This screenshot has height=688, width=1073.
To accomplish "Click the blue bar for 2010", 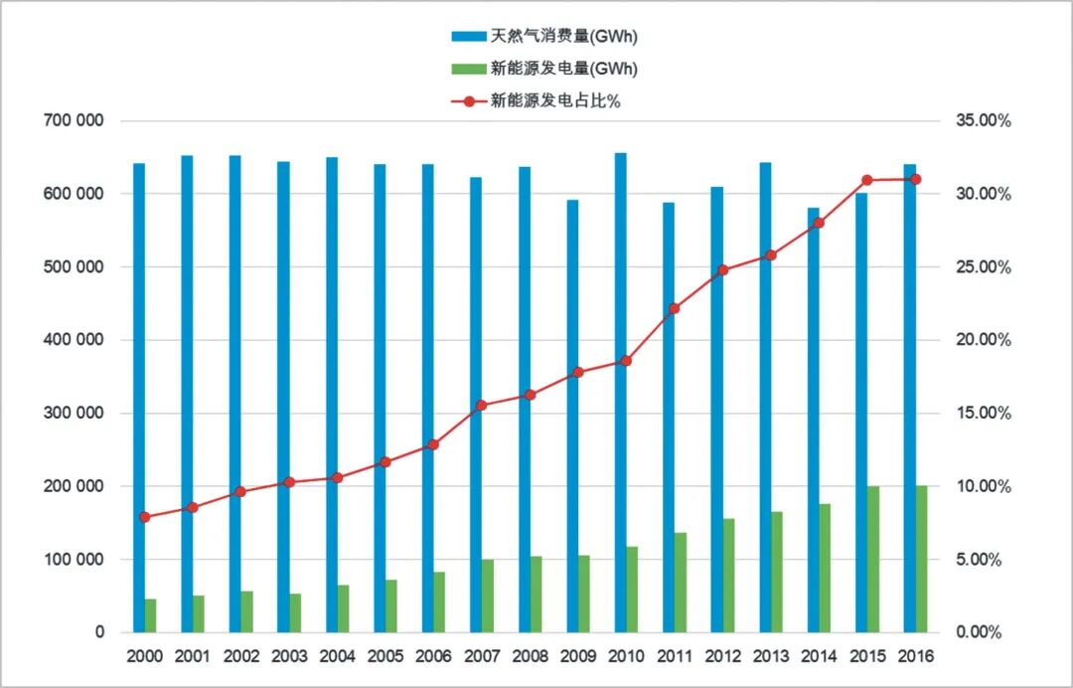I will tap(620, 393).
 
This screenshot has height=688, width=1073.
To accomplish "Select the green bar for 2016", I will tap(921, 559).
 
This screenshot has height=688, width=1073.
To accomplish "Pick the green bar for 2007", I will tap(488, 596).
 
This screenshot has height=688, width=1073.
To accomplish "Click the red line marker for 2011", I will tap(674, 308).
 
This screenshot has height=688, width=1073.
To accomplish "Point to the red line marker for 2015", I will tap(866, 180).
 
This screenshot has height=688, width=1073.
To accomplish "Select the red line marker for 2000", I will tap(145, 517).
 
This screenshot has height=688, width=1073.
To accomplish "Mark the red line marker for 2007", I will tap(481, 405).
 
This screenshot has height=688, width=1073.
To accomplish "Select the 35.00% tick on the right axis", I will tap(983, 120).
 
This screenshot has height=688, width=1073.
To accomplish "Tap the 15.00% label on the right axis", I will tap(983, 414).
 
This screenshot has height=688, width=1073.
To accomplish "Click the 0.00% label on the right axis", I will tap(987, 632).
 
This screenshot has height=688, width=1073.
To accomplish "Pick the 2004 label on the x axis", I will tap(337, 656).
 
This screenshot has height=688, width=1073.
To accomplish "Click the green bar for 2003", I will tap(295, 612).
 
